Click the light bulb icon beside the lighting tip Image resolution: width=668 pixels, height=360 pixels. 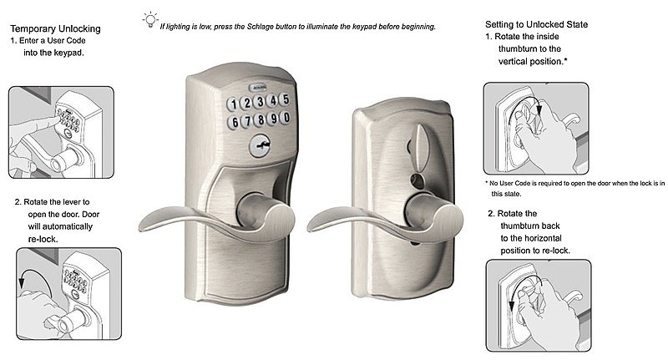click(x=149, y=18)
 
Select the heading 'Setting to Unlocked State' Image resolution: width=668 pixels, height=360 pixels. click(x=536, y=25)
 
